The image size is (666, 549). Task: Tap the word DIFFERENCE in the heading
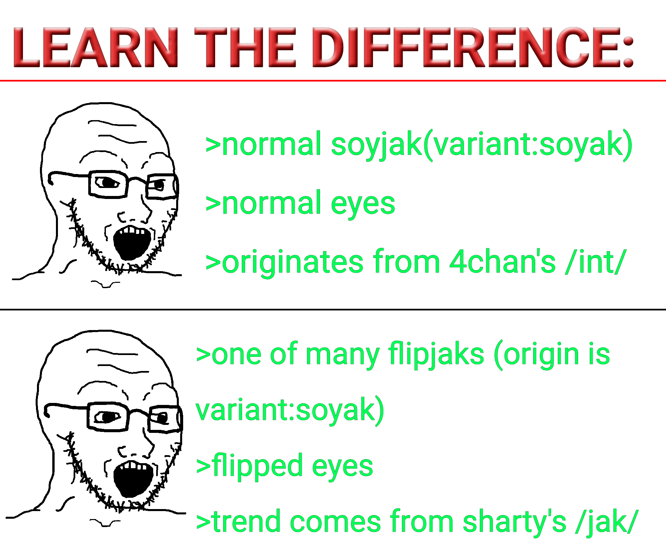coord(473,47)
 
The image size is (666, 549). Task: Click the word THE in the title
coord(245,47)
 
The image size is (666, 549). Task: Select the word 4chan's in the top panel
coord(502,262)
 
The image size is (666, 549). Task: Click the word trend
coord(247,522)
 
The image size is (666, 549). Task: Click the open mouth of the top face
coord(132,243)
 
